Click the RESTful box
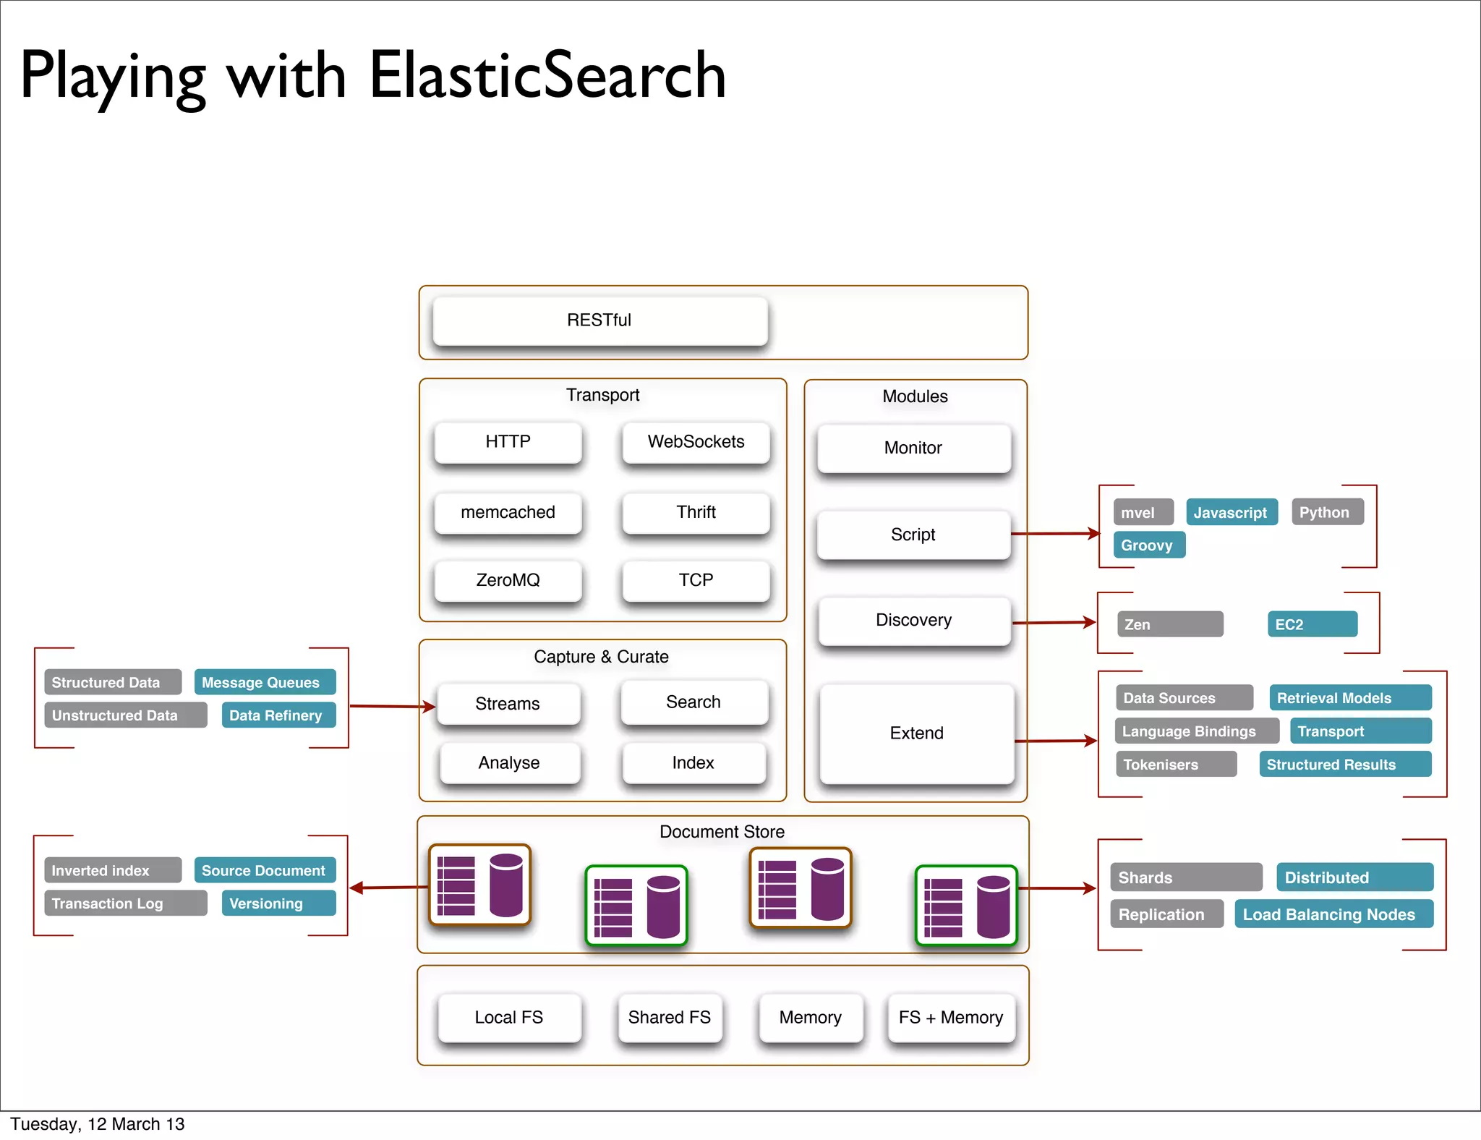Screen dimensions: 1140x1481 (x=599, y=320)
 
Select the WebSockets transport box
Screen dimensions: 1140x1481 (x=696, y=442)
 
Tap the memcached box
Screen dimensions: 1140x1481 (x=508, y=512)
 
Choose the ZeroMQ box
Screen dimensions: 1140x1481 (x=508, y=580)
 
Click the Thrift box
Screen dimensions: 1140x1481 (x=696, y=512)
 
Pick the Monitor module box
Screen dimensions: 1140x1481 (x=913, y=448)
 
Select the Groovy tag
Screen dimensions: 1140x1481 (x=1148, y=545)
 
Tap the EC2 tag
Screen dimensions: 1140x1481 (x=1312, y=624)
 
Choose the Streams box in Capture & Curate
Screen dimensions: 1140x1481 (x=508, y=704)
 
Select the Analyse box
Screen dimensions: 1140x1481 (x=509, y=763)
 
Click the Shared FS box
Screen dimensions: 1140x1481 (x=670, y=1018)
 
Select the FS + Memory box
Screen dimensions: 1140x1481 (x=951, y=1018)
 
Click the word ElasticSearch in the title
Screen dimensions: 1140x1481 (x=547, y=76)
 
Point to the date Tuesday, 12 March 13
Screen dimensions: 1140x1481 (x=98, y=1124)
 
